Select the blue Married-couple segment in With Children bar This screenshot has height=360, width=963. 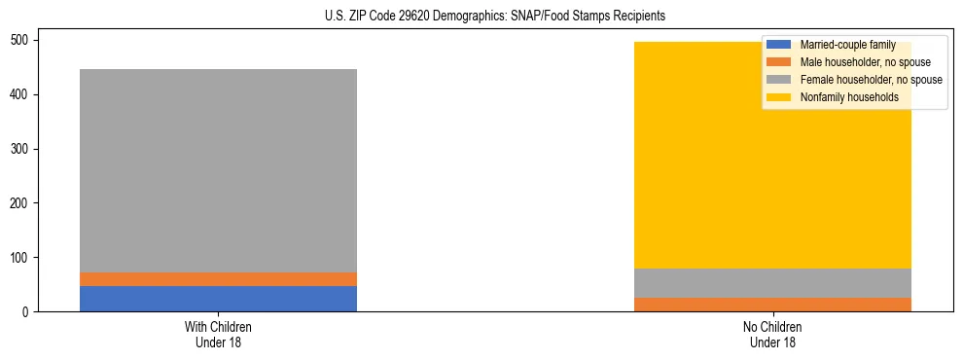pos(218,299)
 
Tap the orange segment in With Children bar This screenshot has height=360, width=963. pos(218,279)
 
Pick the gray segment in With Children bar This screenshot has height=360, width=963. pos(218,170)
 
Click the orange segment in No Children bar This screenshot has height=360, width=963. pos(772,305)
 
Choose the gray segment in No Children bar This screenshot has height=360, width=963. pos(772,283)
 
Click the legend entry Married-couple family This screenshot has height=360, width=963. pos(844,45)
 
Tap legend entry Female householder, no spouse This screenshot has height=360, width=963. pos(868,80)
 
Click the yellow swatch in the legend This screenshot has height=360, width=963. pos(779,97)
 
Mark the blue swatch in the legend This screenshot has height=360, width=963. pos(779,45)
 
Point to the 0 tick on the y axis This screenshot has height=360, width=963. pos(28,312)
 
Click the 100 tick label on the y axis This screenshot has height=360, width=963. pos(22,258)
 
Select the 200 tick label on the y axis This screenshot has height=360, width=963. pos(22,203)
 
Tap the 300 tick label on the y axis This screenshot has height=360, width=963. pos(22,149)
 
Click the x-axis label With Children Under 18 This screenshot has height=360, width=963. pos(218,334)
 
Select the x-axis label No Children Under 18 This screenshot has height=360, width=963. pos(772,334)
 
